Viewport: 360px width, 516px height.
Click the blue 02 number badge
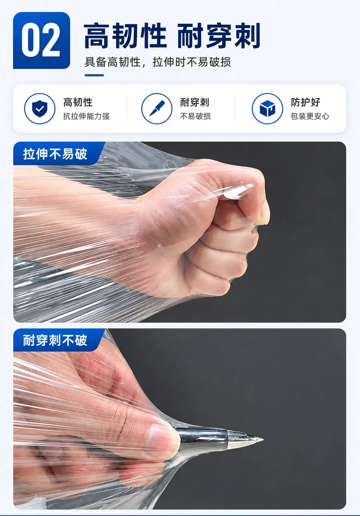pyautogui.click(x=41, y=40)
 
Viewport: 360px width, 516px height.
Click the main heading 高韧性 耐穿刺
pyautogui.click(x=172, y=36)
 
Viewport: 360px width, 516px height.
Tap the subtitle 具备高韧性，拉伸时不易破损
pyautogui.click(x=157, y=62)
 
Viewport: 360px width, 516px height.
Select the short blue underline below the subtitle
pyautogui.click(x=94, y=75)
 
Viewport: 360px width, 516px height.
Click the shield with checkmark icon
pyautogui.click(x=40, y=109)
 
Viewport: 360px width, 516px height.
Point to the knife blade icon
pyautogui.click(x=157, y=108)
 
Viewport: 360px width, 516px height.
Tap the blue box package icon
pyautogui.click(x=267, y=109)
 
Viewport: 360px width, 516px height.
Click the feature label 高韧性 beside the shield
pyautogui.click(x=78, y=102)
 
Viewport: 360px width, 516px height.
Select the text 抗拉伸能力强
pyautogui.click(x=86, y=116)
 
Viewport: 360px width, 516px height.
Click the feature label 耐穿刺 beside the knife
pyautogui.click(x=195, y=102)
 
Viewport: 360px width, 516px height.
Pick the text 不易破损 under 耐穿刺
pyautogui.click(x=195, y=116)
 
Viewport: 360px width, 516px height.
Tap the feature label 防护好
pyautogui.click(x=306, y=102)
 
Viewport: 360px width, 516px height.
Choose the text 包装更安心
pyautogui.click(x=310, y=116)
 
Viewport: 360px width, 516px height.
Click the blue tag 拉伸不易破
pyautogui.click(x=55, y=154)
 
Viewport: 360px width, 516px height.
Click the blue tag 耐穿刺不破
pyautogui.click(x=55, y=340)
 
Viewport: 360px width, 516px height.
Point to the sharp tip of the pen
pyautogui.click(x=263, y=440)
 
